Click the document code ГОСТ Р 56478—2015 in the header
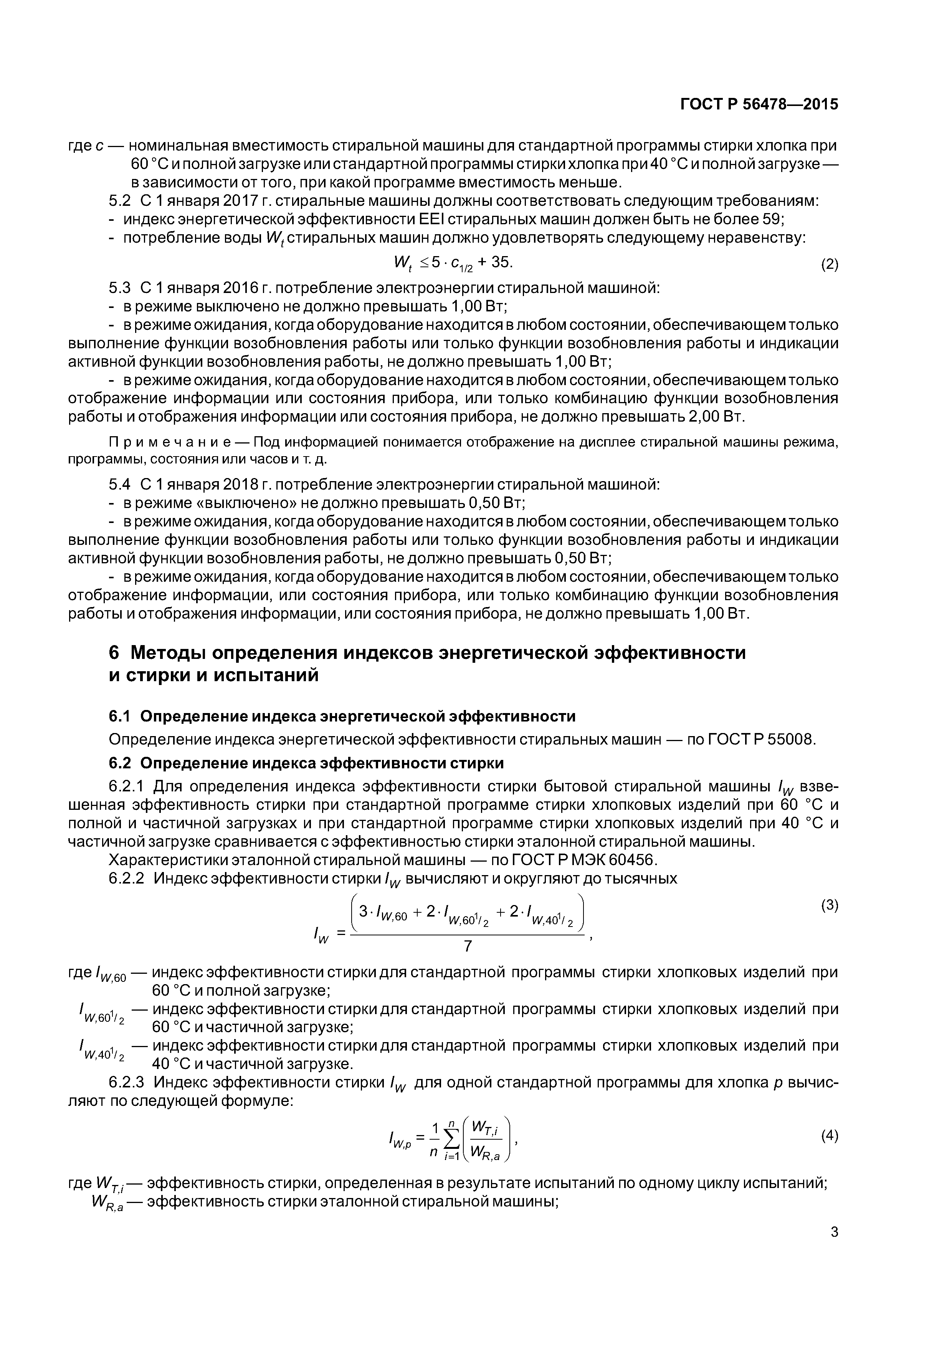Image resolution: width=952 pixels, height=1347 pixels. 759,104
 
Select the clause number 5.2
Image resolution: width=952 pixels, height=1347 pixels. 120,201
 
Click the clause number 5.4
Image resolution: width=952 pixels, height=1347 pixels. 120,485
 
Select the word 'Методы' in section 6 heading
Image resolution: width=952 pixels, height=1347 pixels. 167,652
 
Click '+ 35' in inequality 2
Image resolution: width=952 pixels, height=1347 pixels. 496,262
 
